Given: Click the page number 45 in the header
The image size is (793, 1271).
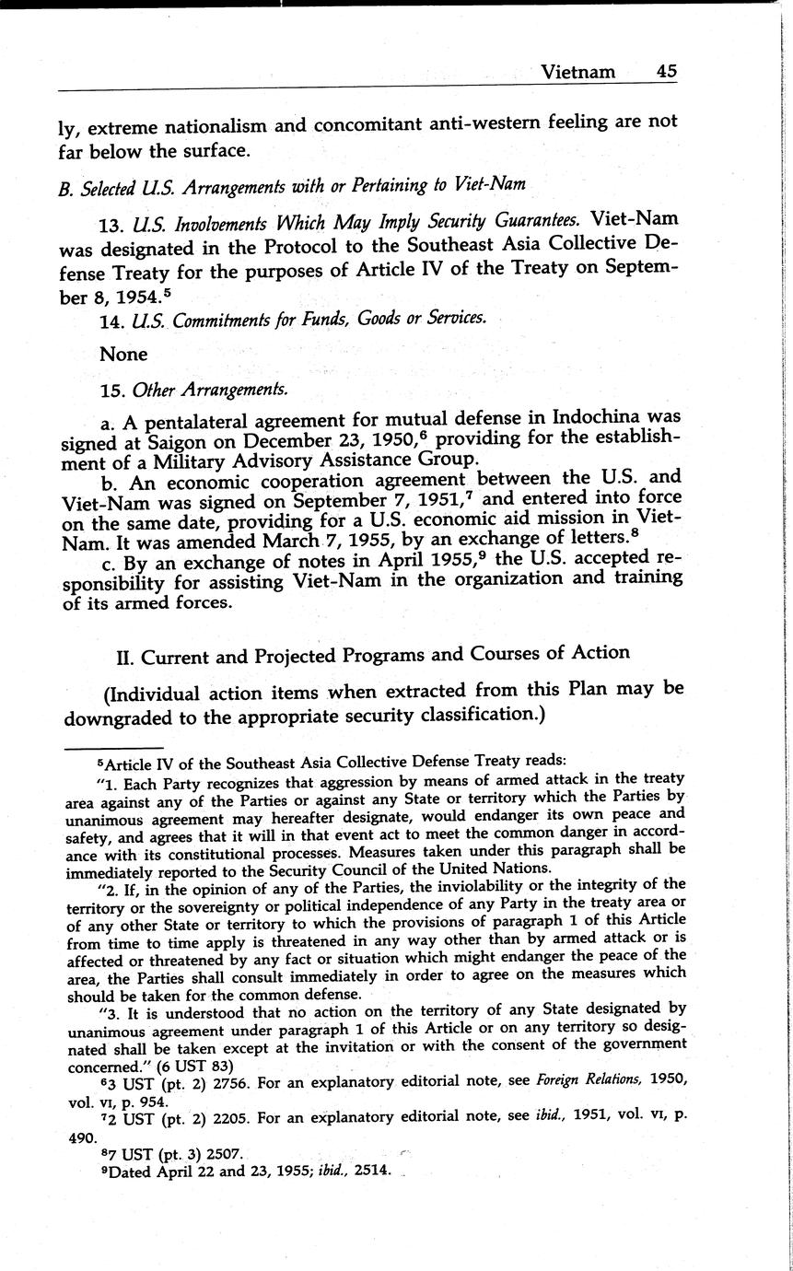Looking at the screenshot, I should (668, 71).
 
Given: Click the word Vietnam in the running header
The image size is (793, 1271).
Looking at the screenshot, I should (577, 71).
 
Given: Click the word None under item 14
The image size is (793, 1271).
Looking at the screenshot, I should (123, 354).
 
